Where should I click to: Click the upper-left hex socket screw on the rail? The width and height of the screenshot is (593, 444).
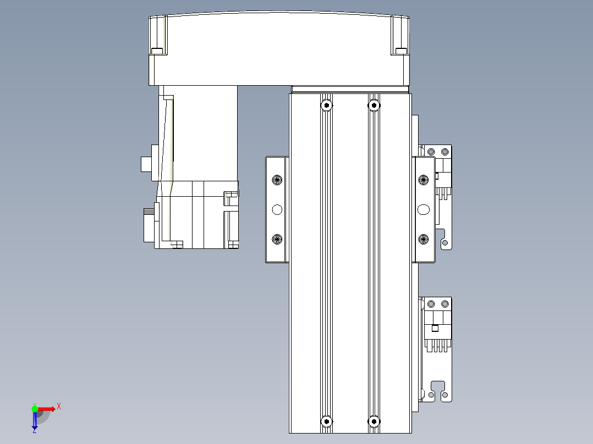coord(327,104)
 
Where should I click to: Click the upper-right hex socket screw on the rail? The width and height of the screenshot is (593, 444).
coord(374,104)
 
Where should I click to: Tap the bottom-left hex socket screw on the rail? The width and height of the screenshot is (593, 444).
coord(327,421)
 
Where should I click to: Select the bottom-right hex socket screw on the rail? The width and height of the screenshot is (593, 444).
coord(374,421)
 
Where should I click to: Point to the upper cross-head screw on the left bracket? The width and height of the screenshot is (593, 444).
coord(277,180)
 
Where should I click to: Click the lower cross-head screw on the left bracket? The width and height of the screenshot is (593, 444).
coord(277,238)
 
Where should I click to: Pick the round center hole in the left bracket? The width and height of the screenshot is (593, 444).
coord(277,209)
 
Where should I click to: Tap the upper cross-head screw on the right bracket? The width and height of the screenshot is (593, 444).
coord(424,180)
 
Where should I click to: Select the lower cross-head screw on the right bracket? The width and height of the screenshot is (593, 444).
coord(424,238)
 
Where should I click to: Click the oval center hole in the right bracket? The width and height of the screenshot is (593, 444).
coord(424,209)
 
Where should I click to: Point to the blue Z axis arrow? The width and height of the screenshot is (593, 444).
coord(35,421)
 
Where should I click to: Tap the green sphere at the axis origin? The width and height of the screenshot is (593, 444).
coord(35,408)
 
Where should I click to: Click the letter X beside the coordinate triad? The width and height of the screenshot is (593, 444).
coord(59,406)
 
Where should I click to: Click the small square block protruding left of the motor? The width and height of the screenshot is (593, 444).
coord(146,165)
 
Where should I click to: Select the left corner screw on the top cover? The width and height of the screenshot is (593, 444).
coord(157,51)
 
